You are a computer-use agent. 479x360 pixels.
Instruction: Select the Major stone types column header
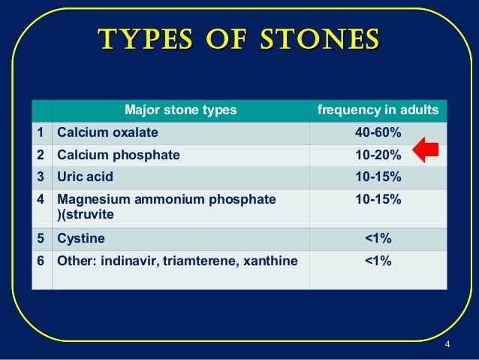pyautogui.click(x=180, y=111)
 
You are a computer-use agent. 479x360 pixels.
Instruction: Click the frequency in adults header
pyautogui.click(x=378, y=111)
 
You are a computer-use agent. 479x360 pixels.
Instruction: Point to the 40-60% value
pyautogui.click(x=378, y=133)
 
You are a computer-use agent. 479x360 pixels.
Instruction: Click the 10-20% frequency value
pyautogui.click(x=378, y=156)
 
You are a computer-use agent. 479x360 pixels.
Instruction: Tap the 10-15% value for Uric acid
pyautogui.click(x=378, y=177)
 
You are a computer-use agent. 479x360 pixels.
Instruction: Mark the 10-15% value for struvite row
pyautogui.click(x=378, y=200)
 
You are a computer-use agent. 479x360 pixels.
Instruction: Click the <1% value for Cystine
pyautogui.click(x=378, y=239)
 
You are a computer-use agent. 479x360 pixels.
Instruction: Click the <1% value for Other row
pyautogui.click(x=378, y=261)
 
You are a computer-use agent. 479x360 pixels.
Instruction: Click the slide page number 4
pyautogui.click(x=447, y=345)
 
